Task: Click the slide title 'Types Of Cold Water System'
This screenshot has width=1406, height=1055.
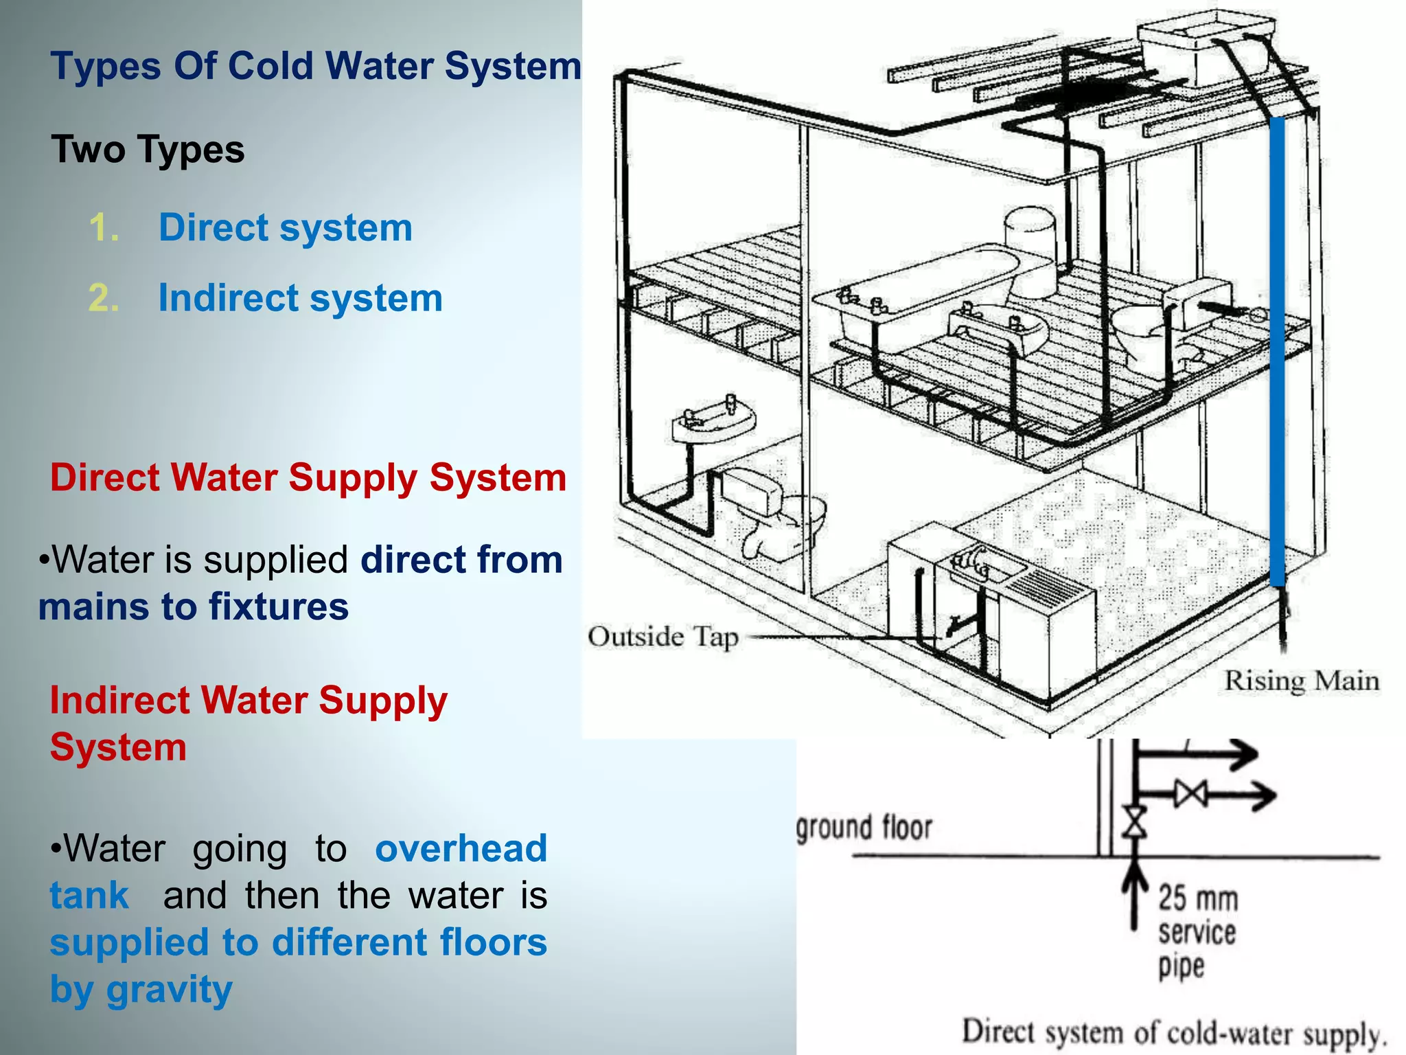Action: click(316, 67)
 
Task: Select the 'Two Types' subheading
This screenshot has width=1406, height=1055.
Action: click(148, 150)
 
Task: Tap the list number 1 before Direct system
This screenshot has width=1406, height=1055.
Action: click(104, 228)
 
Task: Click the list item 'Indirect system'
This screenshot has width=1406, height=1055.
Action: click(300, 298)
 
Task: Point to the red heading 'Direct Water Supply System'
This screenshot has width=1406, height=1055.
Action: click(308, 477)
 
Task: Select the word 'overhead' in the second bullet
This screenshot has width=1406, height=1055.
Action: click(461, 848)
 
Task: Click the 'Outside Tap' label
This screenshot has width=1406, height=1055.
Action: click(662, 637)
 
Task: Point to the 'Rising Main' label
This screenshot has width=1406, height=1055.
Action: click(1302, 681)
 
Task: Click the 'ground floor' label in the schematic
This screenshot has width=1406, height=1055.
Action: click(864, 828)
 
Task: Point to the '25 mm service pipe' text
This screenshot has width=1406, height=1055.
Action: click(1197, 931)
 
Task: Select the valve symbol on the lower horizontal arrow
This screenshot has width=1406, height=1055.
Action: click(1190, 795)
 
